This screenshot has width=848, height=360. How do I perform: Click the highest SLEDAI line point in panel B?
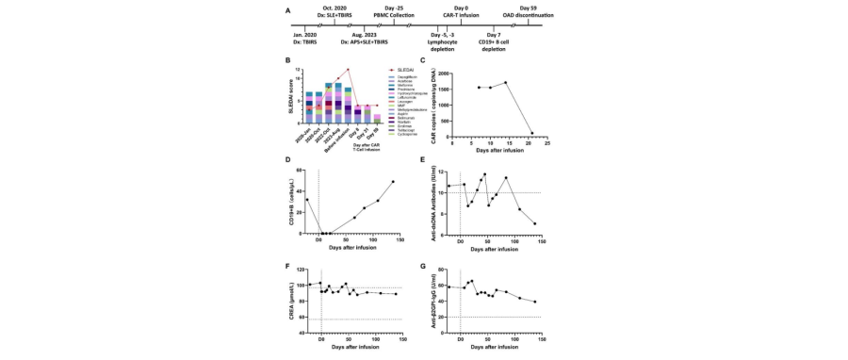(348, 70)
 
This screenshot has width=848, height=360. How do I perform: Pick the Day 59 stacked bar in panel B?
(378, 119)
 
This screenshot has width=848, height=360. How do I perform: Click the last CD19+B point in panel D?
(393, 181)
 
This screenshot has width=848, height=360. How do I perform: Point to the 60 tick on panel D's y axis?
(303, 171)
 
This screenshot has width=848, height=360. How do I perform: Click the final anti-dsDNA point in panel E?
(535, 223)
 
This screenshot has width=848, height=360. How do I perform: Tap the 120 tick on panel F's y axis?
(302, 270)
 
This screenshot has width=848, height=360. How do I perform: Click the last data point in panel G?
(535, 302)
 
